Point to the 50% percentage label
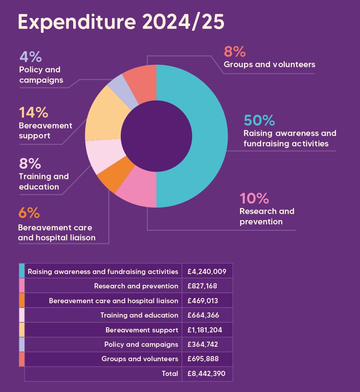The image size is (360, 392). coord(259,120)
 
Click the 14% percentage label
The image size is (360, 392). coord(34,113)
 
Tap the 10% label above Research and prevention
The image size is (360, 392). coord(254,198)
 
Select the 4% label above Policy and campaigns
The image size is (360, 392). coord(30,57)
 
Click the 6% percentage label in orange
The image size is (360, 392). coord(29,213)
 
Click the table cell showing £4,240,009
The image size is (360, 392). coord(207,272)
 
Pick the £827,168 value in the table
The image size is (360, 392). coord(203,286)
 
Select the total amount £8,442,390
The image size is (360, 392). coord(206,374)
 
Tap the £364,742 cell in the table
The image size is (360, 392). coord(203,344)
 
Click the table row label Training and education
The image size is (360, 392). coord(139,315)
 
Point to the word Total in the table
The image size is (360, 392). coord(170,374)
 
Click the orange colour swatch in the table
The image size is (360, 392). coord(22,300)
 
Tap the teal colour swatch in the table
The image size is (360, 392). coord(22,271)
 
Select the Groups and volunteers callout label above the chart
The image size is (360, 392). coord(269,64)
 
